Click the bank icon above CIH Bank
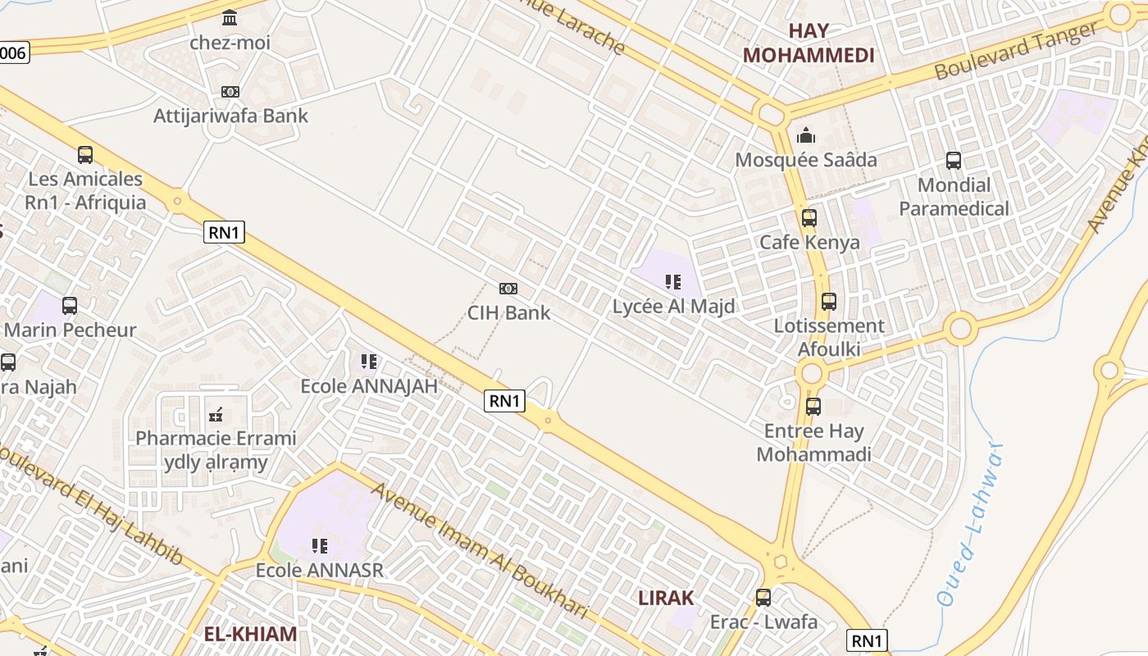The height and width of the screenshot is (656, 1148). (508, 289)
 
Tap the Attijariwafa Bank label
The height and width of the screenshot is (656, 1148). (230, 116)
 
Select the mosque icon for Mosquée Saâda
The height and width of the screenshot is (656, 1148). (806, 135)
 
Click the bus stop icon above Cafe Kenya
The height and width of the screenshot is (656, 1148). (809, 218)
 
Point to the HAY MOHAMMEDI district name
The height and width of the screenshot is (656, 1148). (809, 43)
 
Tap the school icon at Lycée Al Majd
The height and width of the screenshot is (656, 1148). (673, 283)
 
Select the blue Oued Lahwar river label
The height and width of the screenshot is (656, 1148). (972, 525)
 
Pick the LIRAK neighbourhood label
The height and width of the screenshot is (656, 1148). (666, 598)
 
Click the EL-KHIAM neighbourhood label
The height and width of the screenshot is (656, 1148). (250, 634)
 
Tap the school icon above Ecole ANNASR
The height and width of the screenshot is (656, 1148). (320, 545)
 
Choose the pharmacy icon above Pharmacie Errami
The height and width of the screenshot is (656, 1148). (216, 414)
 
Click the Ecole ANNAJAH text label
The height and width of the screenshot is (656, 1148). (369, 385)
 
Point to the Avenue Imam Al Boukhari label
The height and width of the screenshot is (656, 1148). (480, 550)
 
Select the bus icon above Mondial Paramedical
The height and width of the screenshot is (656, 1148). (953, 161)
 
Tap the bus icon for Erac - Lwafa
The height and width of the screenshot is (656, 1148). (763, 598)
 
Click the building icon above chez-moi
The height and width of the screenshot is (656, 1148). (230, 18)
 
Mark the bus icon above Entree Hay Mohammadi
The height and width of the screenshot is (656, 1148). (813, 406)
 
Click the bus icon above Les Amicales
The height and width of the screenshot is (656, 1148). (85, 154)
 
